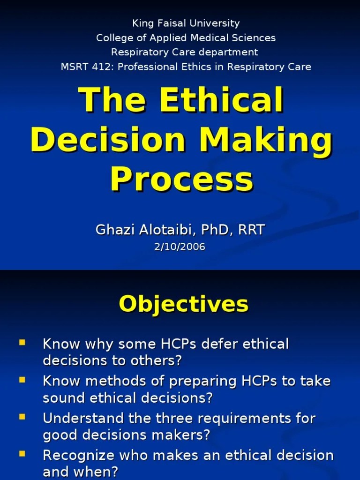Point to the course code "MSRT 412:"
pyautogui.click(x=87, y=67)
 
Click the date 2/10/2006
pyautogui.click(x=180, y=247)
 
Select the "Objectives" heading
pyautogui.click(x=183, y=304)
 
